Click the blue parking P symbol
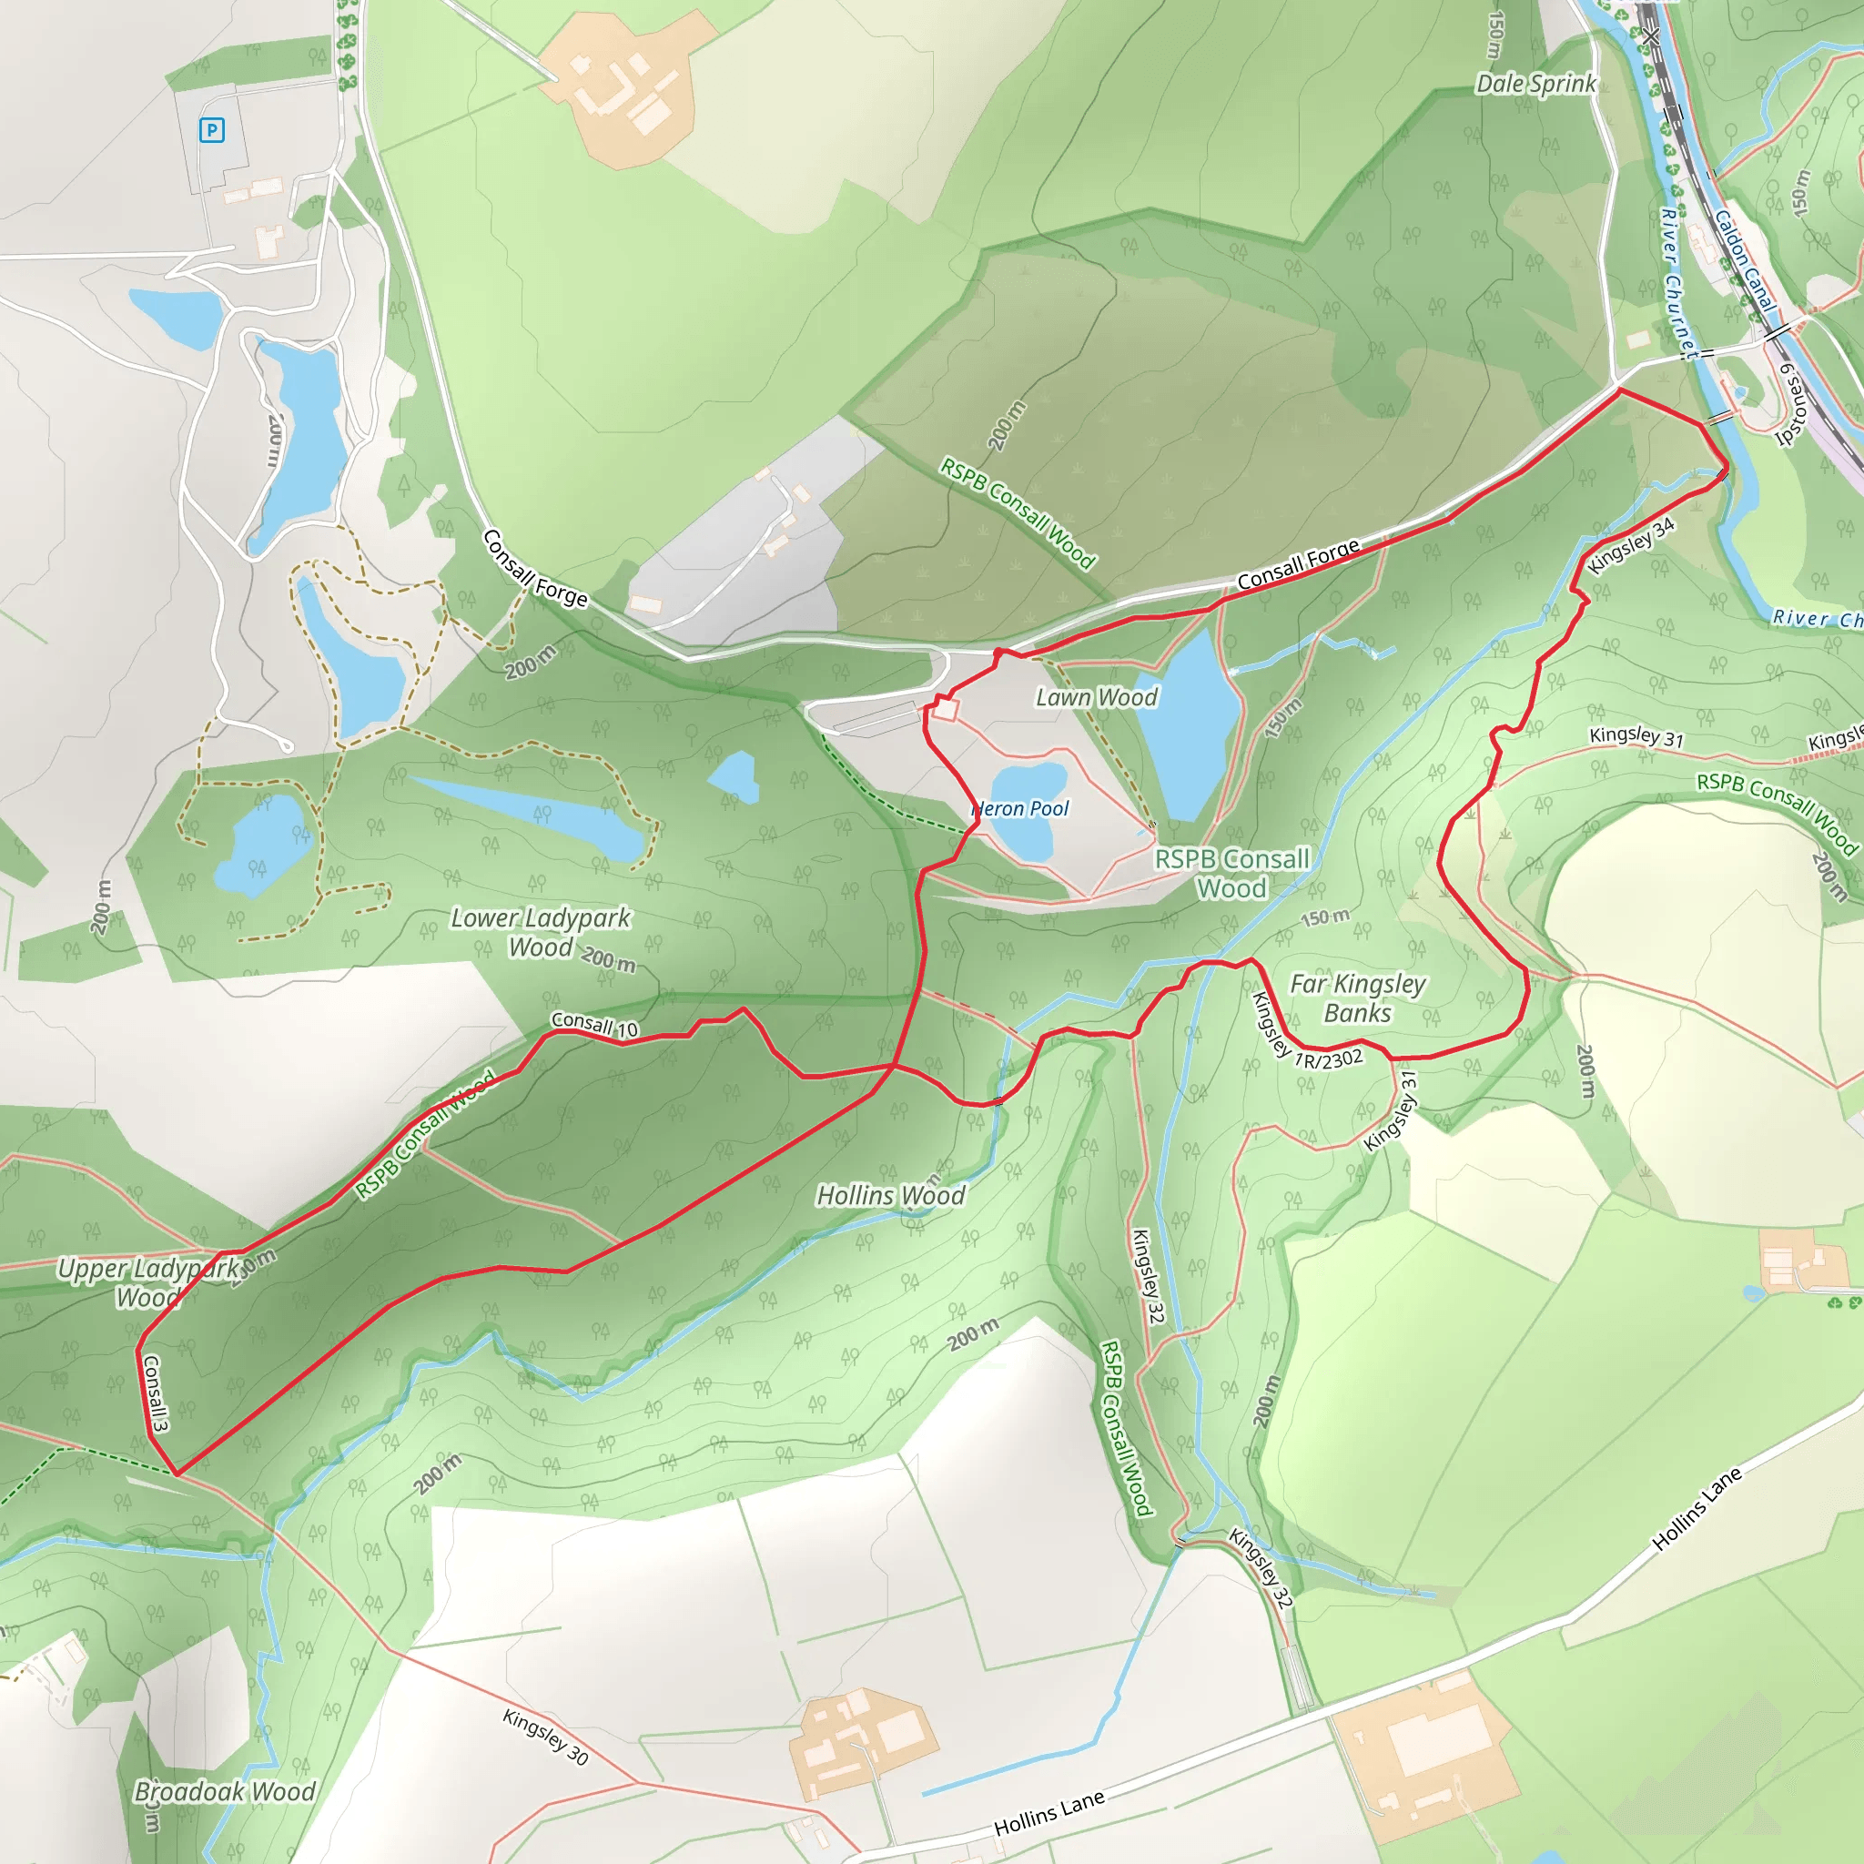click(212, 129)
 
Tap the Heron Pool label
click(1021, 808)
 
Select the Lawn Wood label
click(1096, 697)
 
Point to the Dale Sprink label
click(1536, 84)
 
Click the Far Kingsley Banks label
click(1357, 998)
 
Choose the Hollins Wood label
click(890, 1195)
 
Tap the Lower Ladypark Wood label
click(541, 932)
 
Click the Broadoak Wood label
click(225, 1791)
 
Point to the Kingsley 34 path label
click(1630, 546)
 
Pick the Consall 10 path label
click(594, 1024)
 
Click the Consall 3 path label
click(156, 1393)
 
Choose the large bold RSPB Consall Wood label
click(1232, 873)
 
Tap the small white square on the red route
click(946, 709)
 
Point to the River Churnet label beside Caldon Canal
click(1678, 282)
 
